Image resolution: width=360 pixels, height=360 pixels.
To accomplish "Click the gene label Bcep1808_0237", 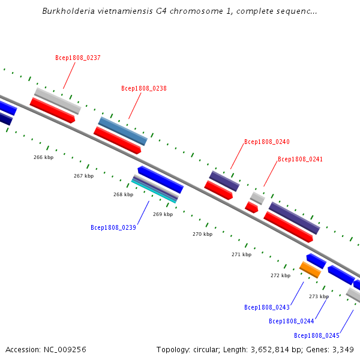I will coord(77,58).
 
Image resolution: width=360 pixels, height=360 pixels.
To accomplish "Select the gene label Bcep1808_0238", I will coord(143,89).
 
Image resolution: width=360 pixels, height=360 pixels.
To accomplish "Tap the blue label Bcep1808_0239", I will coord(113,228).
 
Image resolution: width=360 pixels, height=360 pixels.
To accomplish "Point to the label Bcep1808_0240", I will coord(266,142).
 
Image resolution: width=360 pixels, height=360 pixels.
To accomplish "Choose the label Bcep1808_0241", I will coord(300,160).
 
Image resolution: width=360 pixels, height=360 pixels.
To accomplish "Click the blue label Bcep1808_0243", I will coord(267,307).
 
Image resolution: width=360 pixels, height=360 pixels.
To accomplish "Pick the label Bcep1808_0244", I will coord(292,321).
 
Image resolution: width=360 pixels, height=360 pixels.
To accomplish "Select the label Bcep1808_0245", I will coord(316,335).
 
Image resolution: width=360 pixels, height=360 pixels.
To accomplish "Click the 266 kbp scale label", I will coord(43,157).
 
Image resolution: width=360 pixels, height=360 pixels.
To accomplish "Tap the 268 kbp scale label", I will coord(123,194).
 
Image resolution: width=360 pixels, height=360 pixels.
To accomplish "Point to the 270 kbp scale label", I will coord(202,234).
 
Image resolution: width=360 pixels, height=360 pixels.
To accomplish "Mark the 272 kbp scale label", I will coord(280,275).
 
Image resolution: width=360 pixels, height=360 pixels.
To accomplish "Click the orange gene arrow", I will coord(310,269).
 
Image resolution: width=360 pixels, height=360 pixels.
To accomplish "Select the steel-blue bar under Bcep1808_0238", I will coord(123,131).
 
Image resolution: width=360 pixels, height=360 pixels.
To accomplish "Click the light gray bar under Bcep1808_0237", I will coord(58,101).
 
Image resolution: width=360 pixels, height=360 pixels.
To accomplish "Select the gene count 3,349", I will coord(342,349).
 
